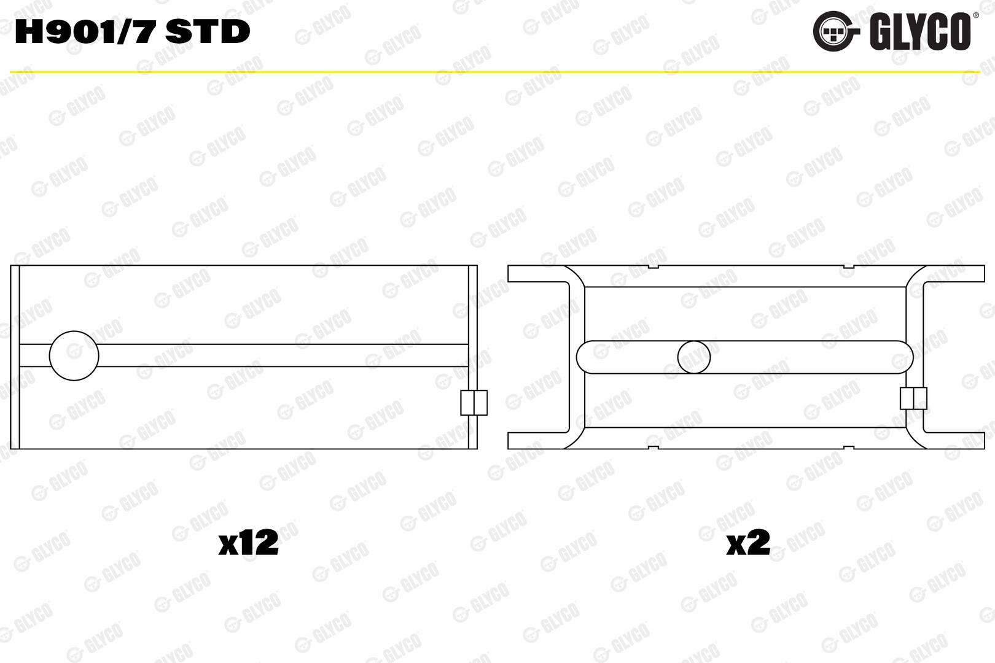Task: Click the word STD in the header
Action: pyautogui.click(x=208, y=32)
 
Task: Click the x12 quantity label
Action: pyautogui.click(x=248, y=542)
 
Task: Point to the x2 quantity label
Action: pyautogui.click(x=748, y=542)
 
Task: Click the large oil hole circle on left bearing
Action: pyautogui.click(x=74, y=355)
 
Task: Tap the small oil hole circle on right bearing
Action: pyautogui.click(x=694, y=357)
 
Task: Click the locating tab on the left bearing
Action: pyautogui.click(x=474, y=403)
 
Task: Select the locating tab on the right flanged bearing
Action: pyautogui.click(x=914, y=398)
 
